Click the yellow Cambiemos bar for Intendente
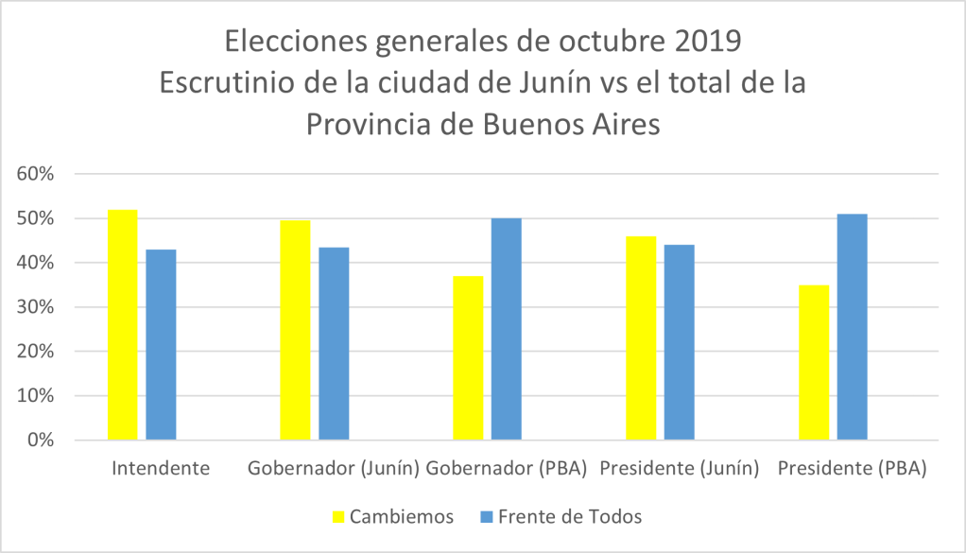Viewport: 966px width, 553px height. (x=122, y=324)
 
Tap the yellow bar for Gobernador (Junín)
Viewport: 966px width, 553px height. (x=295, y=330)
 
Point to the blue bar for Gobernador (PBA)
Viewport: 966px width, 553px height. (x=507, y=329)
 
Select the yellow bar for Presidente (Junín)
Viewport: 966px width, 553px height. (x=641, y=337)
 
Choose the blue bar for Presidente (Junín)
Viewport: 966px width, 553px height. (x=680, y=342)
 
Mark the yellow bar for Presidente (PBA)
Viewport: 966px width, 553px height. (x=814, y=362)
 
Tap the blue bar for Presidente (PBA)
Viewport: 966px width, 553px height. (x=853, y=326)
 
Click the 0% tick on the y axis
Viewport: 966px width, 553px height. (x=44, y=441)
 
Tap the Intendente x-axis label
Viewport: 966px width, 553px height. (x=161, y=468)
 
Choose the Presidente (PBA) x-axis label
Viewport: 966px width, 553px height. (x=852, y=468)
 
